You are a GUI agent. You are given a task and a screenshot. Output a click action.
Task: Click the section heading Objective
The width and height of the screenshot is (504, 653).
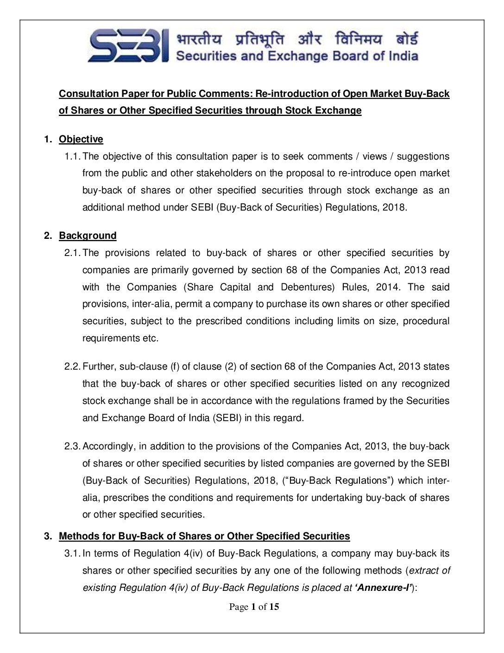(x=81, y=139)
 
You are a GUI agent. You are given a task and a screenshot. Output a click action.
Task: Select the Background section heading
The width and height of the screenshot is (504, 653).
(x=88, y=236)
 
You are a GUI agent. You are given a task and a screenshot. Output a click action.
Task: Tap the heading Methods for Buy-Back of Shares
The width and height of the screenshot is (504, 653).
(x=204, y=536)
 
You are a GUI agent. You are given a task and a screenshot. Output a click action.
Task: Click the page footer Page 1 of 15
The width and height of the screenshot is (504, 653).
(x=254, y=607)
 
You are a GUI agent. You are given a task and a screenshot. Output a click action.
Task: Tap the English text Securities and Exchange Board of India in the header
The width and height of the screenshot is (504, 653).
(x=297, y=56)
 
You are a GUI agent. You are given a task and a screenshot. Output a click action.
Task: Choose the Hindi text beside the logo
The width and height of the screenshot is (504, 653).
(x=297, y=39)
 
